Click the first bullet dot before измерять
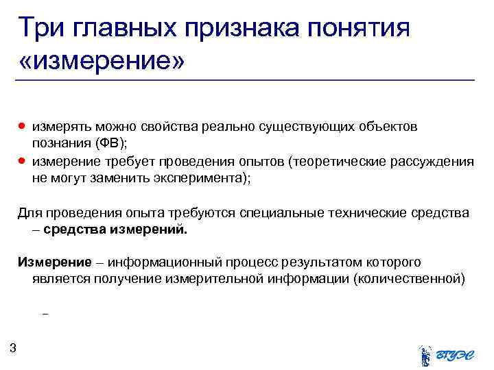click(x=22, y=127)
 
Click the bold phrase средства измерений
click(x=115, y=230)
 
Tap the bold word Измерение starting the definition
click(x=54, y=262)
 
